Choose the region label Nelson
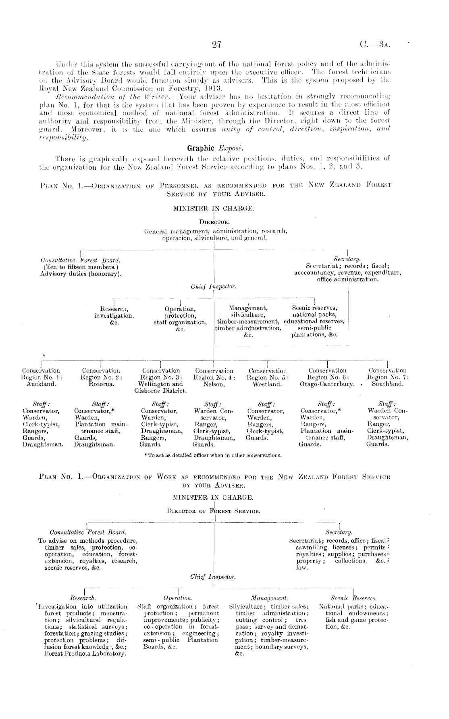(214, 384)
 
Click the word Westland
(267, 384)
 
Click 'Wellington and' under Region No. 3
(160, 384)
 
